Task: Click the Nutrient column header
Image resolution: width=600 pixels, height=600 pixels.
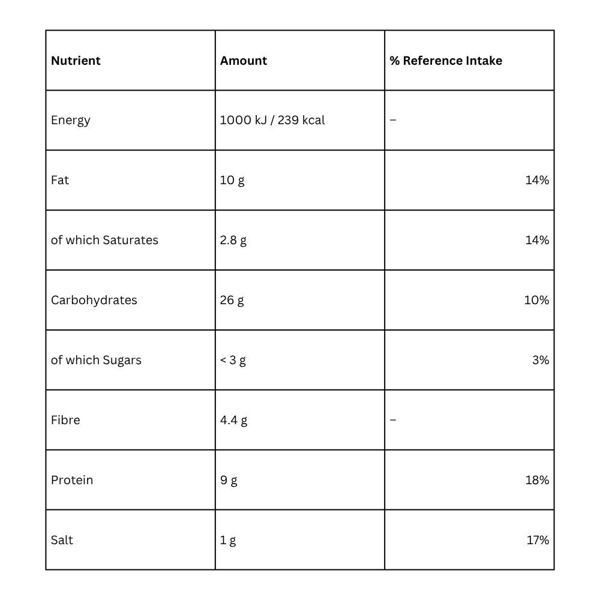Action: (76, 61)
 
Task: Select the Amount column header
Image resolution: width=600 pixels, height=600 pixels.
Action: (244, 61)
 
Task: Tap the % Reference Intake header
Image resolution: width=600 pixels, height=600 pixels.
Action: (446, 61)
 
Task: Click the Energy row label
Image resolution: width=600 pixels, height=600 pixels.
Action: (71, 120)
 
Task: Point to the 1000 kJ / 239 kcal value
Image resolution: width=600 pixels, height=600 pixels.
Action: (272, 120)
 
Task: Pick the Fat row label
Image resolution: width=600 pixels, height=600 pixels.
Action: (60, 180)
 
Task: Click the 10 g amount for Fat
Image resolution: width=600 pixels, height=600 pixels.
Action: (232, 180)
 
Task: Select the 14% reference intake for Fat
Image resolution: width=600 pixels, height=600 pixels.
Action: (537, 180)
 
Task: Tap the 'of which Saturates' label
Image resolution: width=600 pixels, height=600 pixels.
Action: (104, 240)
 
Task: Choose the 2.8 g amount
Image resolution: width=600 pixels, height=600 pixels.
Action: (233, 240)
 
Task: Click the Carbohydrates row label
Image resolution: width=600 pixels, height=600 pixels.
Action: (94, 300)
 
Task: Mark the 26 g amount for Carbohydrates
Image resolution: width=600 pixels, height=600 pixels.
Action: (232, 300)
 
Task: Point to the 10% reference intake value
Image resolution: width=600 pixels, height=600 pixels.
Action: (536, 300)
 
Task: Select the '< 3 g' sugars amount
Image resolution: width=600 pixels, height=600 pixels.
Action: (233, 360)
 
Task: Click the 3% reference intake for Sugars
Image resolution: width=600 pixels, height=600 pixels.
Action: (541, 360)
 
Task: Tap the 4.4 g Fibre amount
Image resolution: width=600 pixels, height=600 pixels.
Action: (233, 420)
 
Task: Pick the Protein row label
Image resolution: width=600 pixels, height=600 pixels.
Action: (72, 480)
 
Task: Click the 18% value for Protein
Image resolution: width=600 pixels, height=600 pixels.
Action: (537, 480)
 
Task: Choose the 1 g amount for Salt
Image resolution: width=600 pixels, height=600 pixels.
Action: (228, 540)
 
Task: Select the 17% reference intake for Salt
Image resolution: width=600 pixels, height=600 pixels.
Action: (538, 540)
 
